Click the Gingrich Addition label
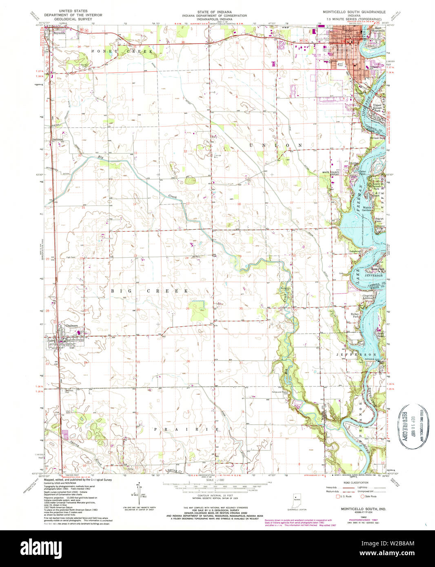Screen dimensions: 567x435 [368, 297]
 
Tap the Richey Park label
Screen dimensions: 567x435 [355, 315]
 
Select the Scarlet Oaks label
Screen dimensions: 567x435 [380, 220]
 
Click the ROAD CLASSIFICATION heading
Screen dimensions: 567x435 [354, 482]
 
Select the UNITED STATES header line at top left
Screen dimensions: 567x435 [73, 11]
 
